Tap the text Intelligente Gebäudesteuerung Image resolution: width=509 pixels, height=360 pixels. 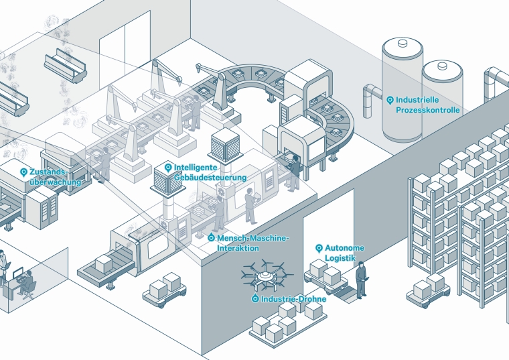coord(209,172)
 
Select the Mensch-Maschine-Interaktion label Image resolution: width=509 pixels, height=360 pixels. coord(252,243)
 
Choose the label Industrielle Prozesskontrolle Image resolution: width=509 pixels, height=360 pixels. coord(427,104)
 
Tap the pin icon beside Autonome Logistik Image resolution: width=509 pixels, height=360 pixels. coord(319,248)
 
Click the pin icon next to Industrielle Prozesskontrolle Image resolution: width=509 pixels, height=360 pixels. coord(390,100)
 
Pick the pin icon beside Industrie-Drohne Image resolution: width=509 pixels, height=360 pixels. coord(255,299)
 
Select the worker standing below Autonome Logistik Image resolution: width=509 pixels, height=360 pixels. coord(362,280)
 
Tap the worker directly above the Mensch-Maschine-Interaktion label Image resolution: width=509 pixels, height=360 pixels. coord(250,205)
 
